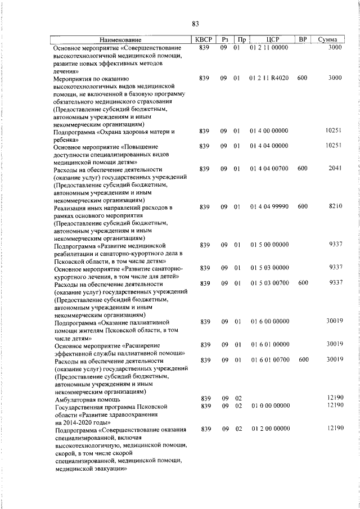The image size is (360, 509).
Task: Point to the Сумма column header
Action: [327, 40]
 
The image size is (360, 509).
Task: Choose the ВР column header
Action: [303, 40]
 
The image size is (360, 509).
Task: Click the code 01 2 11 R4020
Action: [269, 78]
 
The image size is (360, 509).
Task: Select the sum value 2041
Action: [335, 169]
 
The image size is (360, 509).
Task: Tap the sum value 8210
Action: [335, 207]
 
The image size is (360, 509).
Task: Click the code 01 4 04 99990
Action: [269, 207]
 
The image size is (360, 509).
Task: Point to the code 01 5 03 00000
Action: [269, 267]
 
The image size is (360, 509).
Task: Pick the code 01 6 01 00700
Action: [269, 359]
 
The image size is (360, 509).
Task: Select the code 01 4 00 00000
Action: [269, 131]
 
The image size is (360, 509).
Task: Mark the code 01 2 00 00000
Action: [269, 429]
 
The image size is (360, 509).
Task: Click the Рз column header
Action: [224, 40]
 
